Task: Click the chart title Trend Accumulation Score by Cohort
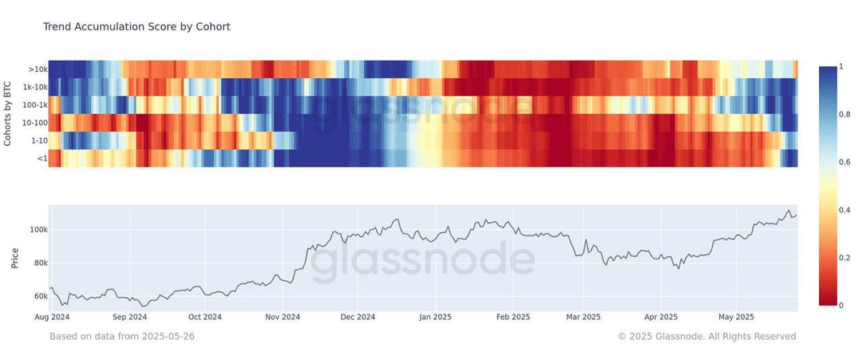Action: [136, 26]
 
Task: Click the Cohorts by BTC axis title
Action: [8, 114]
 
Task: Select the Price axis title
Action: [15, 259]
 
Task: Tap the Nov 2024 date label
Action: [282, 317]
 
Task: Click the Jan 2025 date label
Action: [435, 317]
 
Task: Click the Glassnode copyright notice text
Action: [707, 336]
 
